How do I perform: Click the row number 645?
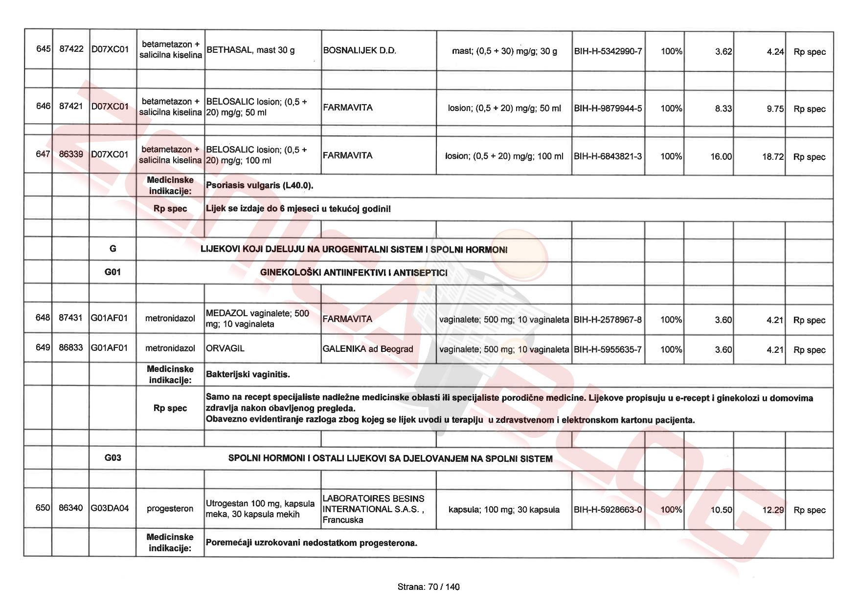(x=43, y=49)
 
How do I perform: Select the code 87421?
(x=71, y=106)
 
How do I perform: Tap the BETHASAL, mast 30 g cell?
(x=250, y=50)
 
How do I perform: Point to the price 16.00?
(x=721, y=156)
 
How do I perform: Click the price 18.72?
(x=772, y=157)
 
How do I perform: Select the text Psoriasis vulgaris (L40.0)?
(x=260, y=185)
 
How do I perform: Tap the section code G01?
(x=113, y=272)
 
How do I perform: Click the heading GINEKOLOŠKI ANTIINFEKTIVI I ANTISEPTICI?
(x=354, y=273)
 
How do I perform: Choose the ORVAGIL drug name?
(x=225, y=348)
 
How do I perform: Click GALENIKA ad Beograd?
(x=368, y=349)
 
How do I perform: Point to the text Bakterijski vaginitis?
(x=248, y=374)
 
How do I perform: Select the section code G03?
(x=113, y=457)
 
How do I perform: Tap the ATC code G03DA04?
(x=110, y=508)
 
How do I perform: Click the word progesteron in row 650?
(x=170, y=508)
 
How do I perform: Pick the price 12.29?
(x=773, y=510)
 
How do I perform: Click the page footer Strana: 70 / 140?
(x=429, y=587)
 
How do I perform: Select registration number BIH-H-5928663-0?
(x=608, y=509)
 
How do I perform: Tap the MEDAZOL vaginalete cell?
(x=257, y=319)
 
